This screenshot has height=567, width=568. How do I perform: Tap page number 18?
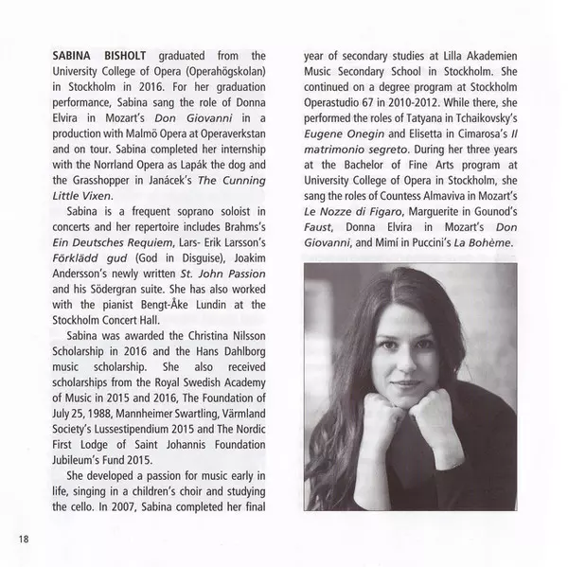coord(24,540)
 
